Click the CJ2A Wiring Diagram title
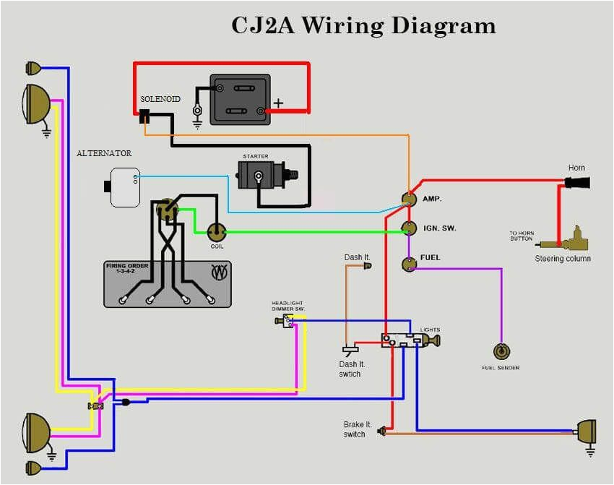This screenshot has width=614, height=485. [363, 25]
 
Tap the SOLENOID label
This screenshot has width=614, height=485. [160, 98]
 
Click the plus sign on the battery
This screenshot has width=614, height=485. [278, 103]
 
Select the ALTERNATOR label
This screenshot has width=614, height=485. [104, 153]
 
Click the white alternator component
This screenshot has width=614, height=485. [124, 187]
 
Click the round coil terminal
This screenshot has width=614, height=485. [216, 232]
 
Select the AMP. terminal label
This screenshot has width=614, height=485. [432, 199]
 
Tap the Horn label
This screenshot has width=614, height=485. [576, 168]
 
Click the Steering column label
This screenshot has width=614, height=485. [562, 259]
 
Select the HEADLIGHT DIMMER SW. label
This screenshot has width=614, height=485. [287, 305]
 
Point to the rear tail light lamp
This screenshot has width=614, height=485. [585, 432]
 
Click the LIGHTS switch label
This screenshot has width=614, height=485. [430, 329]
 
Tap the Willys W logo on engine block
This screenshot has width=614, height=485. [217, 273]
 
